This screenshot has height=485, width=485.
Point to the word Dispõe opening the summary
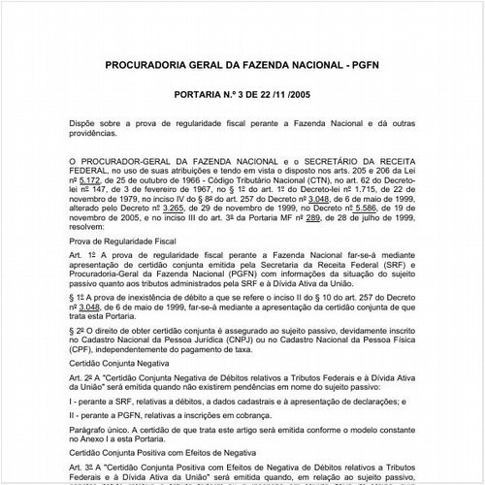pyautogui.click(x=85, y=125)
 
